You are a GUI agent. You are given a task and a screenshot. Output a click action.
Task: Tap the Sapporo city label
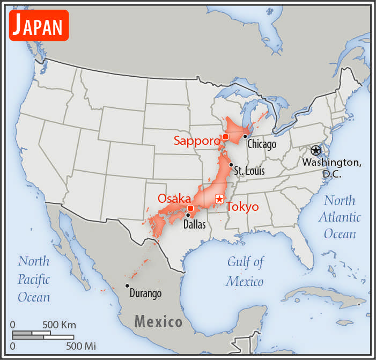coord(197,141)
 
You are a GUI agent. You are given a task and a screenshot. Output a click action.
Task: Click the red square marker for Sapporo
coord(226,137)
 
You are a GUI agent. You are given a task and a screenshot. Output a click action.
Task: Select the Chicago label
coord(262,144)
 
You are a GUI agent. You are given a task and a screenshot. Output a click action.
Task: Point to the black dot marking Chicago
coord(245,136)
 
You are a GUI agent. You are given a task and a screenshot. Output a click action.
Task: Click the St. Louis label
coord(249,171)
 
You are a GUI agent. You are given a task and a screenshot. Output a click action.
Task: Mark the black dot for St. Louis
coord(231,165)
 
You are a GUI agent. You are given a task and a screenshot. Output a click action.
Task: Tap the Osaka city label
coord(174,198)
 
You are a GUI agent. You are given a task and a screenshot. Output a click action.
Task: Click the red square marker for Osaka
coord(190,208)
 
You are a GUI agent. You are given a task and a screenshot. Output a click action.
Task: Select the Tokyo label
coord(242,207)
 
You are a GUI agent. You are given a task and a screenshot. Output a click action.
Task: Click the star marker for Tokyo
coord(219,199)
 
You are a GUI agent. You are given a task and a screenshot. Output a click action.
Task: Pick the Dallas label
coord(195,225)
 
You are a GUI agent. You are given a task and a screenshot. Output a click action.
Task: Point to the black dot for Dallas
coord(188,215)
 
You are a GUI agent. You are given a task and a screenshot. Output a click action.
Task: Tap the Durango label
coord(145,293)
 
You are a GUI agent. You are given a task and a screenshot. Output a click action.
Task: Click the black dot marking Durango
coord(127,285)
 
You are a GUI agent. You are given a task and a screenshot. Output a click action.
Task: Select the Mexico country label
coord(158,322)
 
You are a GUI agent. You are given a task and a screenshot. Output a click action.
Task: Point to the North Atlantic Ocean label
coord(340,217)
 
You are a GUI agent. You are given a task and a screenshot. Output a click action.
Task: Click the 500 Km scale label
coord(60,325)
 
